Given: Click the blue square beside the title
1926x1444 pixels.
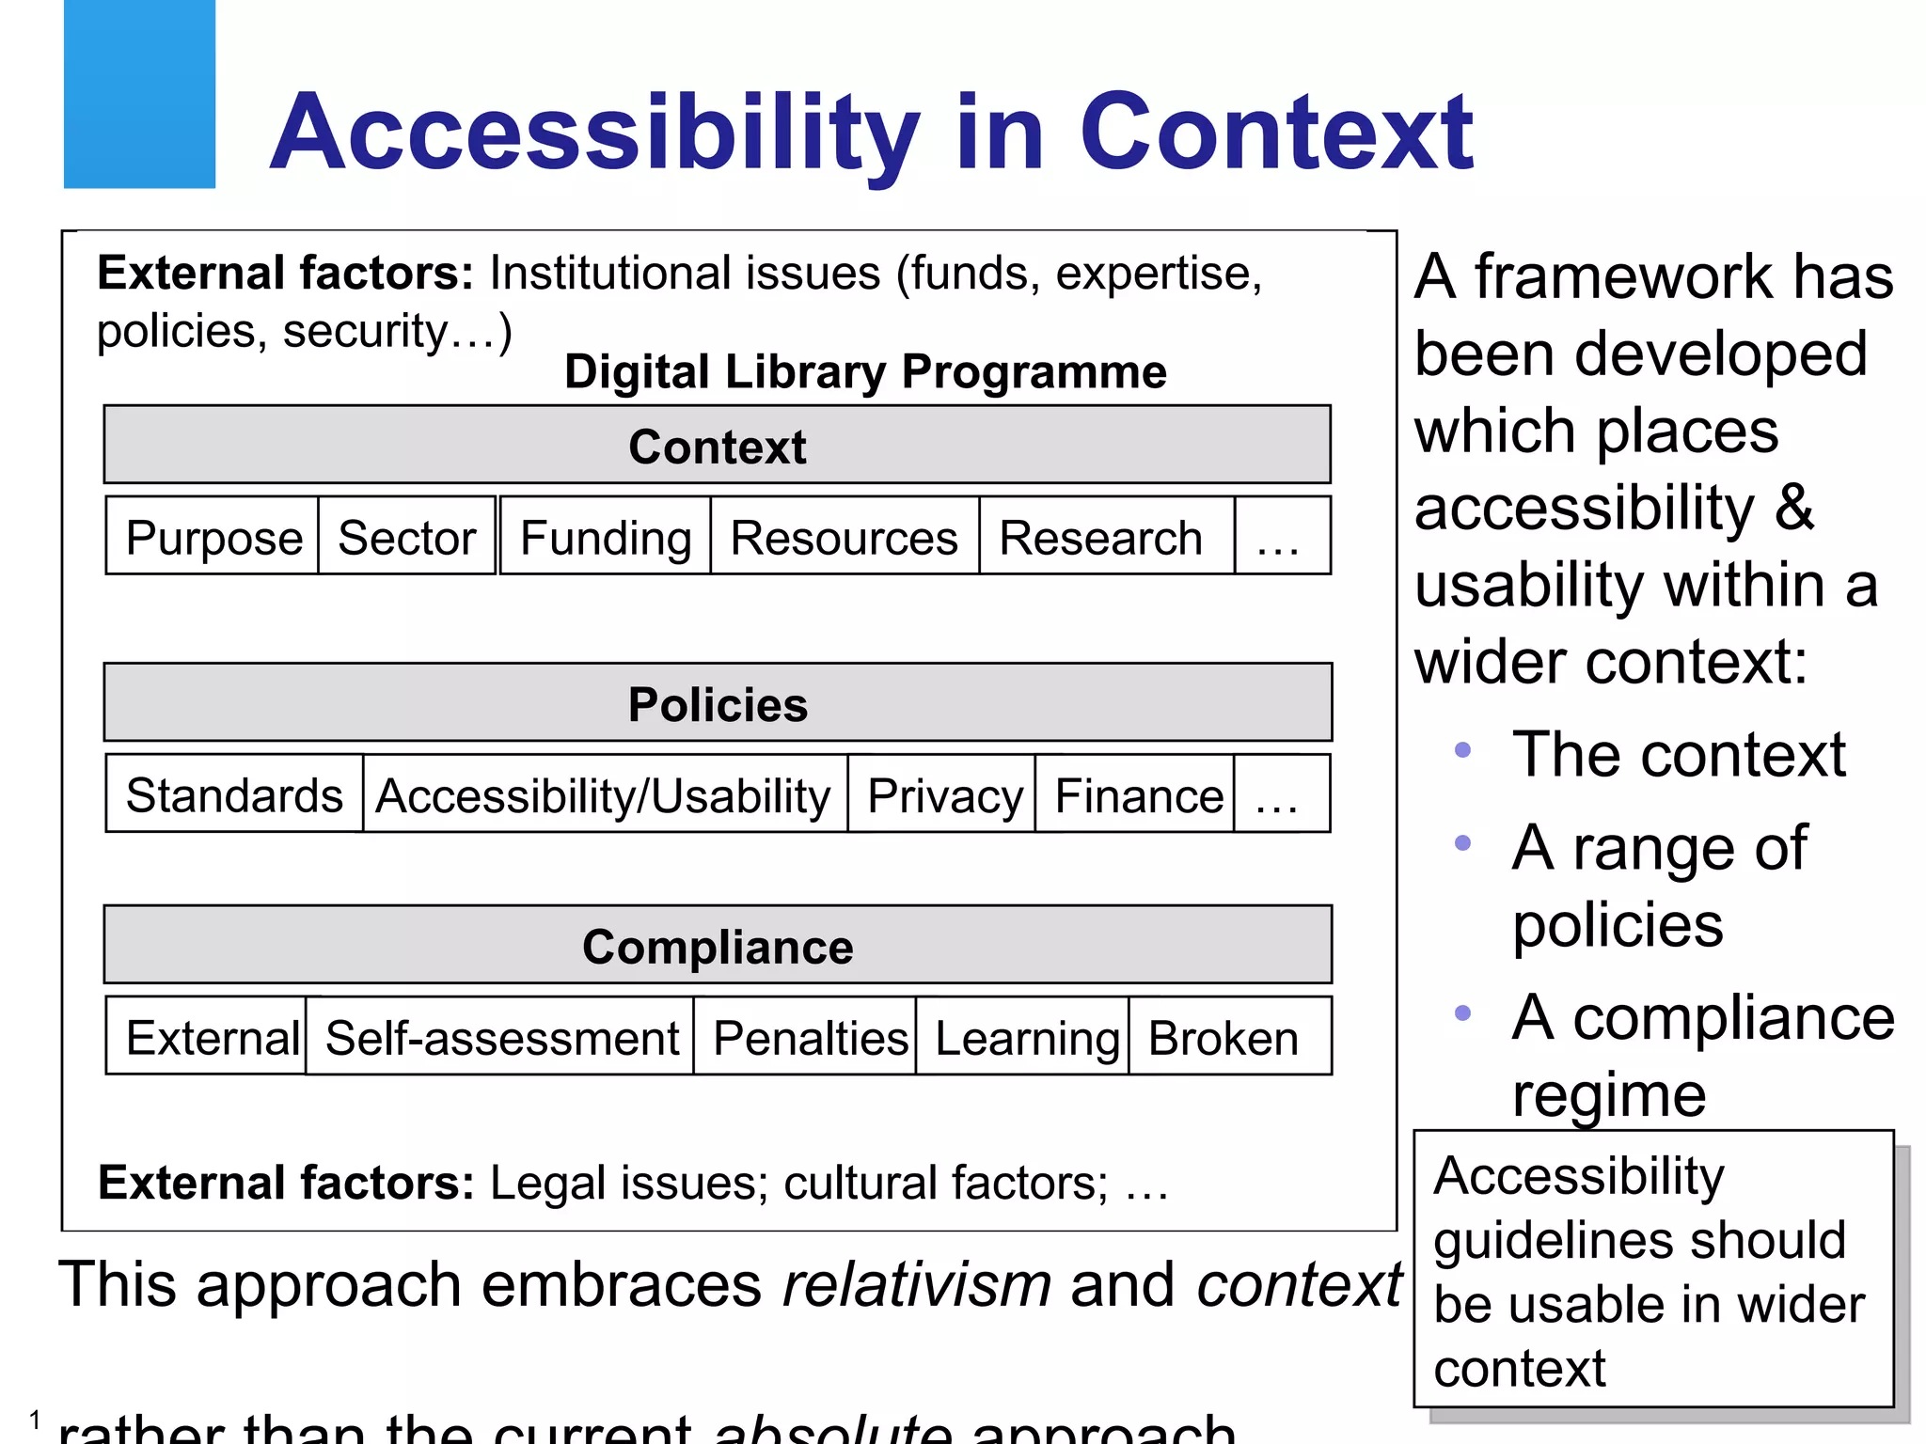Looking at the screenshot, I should click(x=139, y=94).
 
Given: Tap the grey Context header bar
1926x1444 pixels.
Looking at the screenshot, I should click(x=717, y=446).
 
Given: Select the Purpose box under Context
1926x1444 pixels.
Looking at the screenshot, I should click(x=213, y=537).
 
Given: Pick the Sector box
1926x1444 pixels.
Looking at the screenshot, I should click(x=406, y=537).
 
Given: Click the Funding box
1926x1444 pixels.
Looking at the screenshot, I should click(x=606, y=537).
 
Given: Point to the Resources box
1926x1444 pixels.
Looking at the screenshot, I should click(x=844, y=537).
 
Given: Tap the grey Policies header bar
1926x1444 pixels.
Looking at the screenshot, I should click(x=717, y=703).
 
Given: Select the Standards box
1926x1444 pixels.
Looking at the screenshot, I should click(x=234, y=794).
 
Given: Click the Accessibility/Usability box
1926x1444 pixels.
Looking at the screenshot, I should click(x=604, y=794).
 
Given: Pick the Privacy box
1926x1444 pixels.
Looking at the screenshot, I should click(x=943, y=794).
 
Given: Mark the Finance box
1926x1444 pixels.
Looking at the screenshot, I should click(x=1137, y=794).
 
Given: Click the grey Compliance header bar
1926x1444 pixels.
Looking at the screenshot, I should click(x=717, y=946).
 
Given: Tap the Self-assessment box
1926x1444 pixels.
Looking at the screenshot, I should click(x=501, y=1037).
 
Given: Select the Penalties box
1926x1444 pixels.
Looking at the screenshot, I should click(x=809, y=1037).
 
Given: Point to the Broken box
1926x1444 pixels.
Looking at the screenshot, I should click(x=1225, y=1037).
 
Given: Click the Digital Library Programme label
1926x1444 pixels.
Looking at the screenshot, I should click(x=865, y=371).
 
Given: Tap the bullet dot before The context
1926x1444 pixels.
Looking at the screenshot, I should click(x=1462, y=750).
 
